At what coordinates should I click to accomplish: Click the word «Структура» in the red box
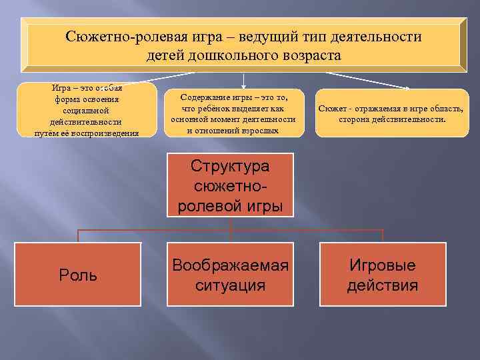click(230, 165)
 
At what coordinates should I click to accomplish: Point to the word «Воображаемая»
click(230, 265)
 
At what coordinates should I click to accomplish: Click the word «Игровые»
click(383, 265)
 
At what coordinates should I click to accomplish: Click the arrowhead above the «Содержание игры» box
click(244, 86)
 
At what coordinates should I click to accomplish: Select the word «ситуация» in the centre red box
click(230, 286)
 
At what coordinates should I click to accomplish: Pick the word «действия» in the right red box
click(383, 286)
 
